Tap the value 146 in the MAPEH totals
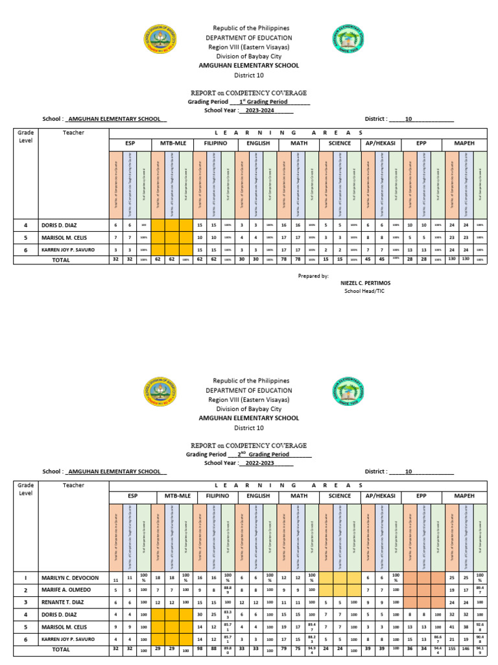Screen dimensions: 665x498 click(465, 649)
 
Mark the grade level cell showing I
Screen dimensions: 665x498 click(26, 577)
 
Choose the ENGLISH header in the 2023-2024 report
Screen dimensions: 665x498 click(257, 143)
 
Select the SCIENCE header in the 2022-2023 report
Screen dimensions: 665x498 click(340, 496)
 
